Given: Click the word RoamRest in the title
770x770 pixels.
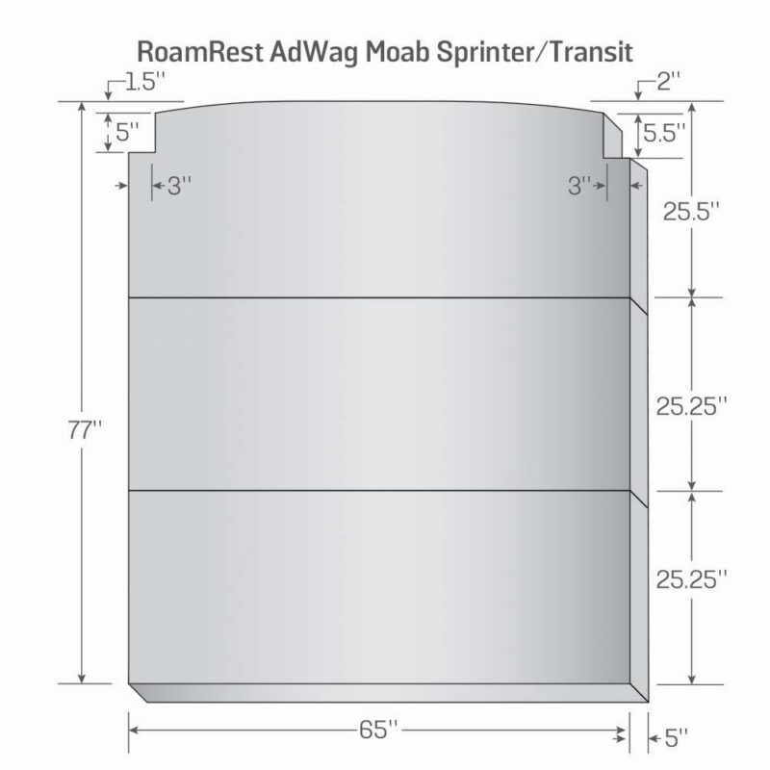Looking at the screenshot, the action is coord(200,52).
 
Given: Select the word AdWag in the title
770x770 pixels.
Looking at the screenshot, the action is coord(314,53).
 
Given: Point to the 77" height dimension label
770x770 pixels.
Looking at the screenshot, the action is coord(84,430).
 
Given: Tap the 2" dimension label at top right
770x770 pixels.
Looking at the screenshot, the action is coord(669,81).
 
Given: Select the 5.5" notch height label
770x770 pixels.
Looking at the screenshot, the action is coord(664,133).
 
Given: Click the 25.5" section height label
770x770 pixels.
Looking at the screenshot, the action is coord(691,211).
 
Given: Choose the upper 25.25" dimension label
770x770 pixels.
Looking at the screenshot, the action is coord(691,406).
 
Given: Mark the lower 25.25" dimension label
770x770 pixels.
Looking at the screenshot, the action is coord(691,579).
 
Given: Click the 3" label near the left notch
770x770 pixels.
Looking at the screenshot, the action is coord(179,186).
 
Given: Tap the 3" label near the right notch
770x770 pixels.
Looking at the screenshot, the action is coord(579,186).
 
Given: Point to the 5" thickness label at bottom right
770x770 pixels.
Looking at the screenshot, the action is coord(677,737).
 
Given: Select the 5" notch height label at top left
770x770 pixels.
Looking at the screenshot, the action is coord(127,132).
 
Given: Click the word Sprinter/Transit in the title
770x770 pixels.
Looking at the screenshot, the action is coord(534,53).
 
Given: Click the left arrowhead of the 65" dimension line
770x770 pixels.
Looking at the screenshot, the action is coord(133,731).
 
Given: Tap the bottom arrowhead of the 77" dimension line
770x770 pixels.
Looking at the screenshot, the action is coord(82,679).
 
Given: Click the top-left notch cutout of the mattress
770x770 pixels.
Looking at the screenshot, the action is coord(141,133).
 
